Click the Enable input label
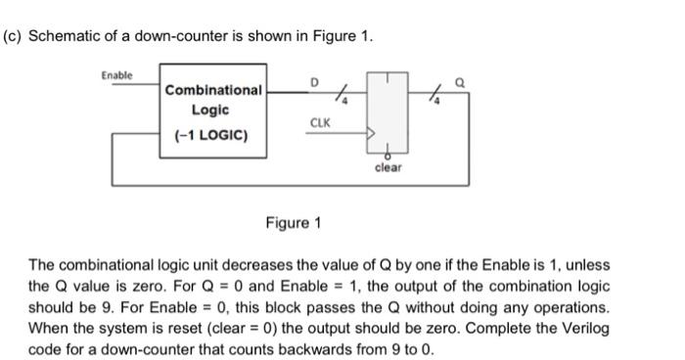coord(117,75)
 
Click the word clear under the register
coord(388,167)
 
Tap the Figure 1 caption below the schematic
coord(293,223)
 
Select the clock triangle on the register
coord(371,134)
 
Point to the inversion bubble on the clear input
coord(388,155)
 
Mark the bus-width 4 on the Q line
coord(437,99)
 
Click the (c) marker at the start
coord(13,36)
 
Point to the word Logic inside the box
coord(211,111)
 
